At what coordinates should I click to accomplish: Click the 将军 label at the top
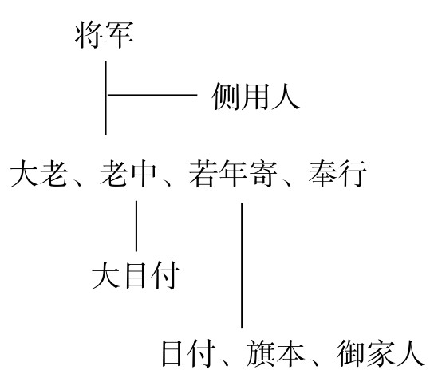coord(105,35)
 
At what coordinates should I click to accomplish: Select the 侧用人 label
coord(256,96)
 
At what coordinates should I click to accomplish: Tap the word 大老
coord(38,174)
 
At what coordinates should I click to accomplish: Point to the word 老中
coord(128,174)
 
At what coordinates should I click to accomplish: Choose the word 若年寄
coord(233,174)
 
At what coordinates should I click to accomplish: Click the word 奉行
coord(338,174)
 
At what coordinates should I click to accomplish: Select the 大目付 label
coord(136,275)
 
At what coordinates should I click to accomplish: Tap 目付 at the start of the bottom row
coord(189,353)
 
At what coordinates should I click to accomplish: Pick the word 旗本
coord(275,353)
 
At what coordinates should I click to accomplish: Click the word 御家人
coord(381,353)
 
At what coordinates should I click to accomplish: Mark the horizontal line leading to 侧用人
coord(152,95)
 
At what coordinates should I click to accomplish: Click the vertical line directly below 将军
coord(105,98)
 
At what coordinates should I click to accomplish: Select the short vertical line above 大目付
coord(136,226)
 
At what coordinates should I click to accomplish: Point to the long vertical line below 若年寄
coord(242,265)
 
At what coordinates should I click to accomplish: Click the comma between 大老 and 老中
coord(77,182)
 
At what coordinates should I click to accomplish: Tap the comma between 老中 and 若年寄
coord(167,182)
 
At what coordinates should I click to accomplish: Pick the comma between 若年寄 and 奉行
coord(287,182)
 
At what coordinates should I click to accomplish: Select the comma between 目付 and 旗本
coord(225,362)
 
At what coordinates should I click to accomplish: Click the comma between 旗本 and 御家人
coord(314,362)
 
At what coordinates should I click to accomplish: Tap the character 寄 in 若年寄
coord(263,174)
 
